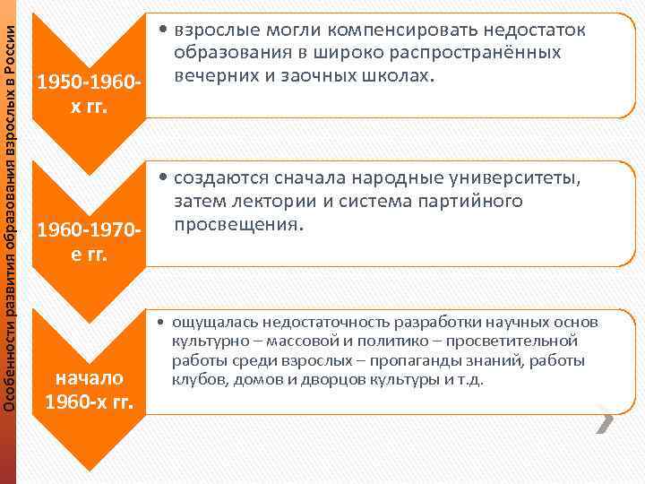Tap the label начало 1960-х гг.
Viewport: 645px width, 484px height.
tap(87, 388)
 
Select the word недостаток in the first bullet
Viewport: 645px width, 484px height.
tap(536, 30)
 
